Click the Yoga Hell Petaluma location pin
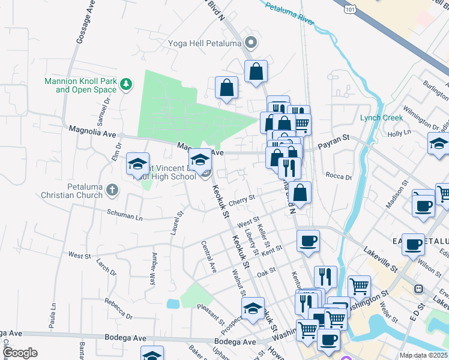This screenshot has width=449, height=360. click(251, 43)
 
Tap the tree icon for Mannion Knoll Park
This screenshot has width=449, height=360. click(126, 85)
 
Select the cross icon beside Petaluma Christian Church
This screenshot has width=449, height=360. click(111, 190)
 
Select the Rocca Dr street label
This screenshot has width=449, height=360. click(339, 176)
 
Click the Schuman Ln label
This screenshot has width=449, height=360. click(125, 215)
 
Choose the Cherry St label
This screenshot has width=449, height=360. click(242, 199)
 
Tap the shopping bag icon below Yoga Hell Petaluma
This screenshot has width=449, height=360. click(256, 71)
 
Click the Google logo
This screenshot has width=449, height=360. click(20, 353)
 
